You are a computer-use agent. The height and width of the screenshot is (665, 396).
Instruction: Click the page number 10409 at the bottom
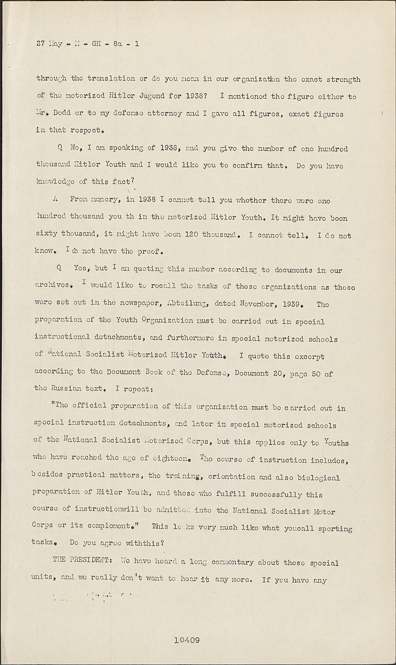click(187, 640)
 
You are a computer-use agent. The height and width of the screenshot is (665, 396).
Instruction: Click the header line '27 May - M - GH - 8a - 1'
click(88, 44)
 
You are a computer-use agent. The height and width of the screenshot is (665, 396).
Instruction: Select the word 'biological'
click(318, 477)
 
